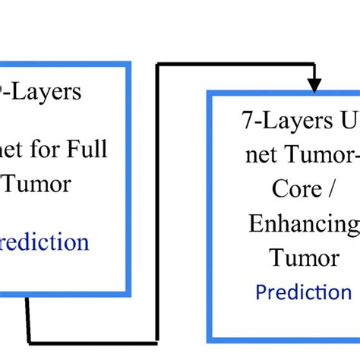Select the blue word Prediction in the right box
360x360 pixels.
tap(303, 292)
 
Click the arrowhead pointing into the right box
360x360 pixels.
tap(313, 81)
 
